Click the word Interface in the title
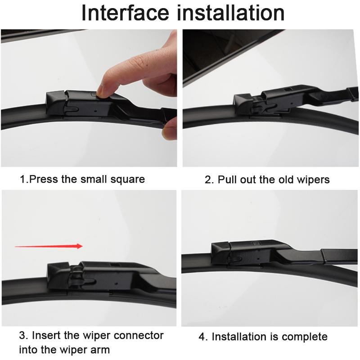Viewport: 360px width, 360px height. click(x=125, y=13)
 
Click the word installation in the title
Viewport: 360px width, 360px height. click(x=231, y=13)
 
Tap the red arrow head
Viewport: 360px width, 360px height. click(x=80, y=246)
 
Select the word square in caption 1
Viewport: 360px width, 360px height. click(x=128, y=180)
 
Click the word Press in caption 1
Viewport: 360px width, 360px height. click(x=44, y=179)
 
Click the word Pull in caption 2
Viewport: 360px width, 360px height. click(x=227, y=180)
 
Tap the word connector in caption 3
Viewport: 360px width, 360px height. click(x=139, y=335)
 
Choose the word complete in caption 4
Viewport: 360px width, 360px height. click(x=305, y=337)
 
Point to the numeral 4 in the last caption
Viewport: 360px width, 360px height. click(x=202, y=337)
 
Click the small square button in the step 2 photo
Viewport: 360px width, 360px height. click(x=287, y=89)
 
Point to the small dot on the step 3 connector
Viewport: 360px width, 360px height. click(x=116, y=283)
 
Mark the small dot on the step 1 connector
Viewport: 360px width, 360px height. click(x=95, y=111)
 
